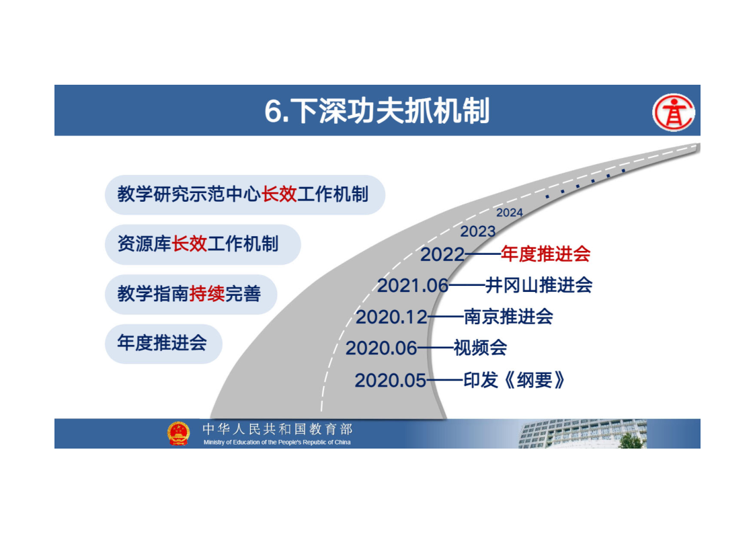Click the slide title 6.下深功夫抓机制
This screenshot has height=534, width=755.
coord(377,111)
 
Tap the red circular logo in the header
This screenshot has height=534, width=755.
coord(673,113)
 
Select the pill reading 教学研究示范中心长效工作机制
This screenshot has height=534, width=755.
coord(245,194)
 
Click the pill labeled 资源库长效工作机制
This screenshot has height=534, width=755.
coord(203,244)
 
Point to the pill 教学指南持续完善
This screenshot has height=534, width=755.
coord(191,294)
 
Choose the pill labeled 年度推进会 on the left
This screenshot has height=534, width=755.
coord(163,343)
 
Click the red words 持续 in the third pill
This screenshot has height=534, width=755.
coord(207,294)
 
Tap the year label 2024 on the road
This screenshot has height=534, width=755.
coord(510,213)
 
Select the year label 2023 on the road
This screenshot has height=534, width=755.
coord(477,231)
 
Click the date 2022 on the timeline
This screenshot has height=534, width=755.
coord(442,255)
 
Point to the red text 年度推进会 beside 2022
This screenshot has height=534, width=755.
coord(545,254)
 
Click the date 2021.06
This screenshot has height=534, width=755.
coord(413,286)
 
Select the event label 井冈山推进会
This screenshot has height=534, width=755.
coord(539,285)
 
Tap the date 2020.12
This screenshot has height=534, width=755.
coord(391,317)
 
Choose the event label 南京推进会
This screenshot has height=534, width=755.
coord(508,316)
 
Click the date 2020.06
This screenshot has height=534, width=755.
coord(381,348)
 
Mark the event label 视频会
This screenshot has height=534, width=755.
coord(480,348)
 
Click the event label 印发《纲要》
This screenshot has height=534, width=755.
coord(514,381)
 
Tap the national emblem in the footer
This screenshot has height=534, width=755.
coord(179,433)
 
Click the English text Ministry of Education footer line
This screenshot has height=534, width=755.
coord(277,442)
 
